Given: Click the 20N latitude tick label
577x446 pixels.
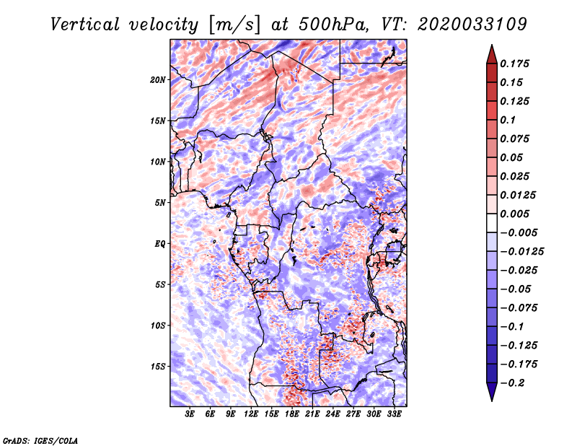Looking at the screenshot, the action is click(157, 80).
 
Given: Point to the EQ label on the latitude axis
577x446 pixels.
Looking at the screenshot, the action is click(159, 244).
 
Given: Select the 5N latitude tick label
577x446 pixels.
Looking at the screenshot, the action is click(159, 203).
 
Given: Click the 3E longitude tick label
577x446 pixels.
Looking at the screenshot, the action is click(190, 414).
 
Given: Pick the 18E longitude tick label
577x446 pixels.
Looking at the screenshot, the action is click(292, 414).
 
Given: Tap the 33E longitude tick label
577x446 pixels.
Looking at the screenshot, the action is click(394, 414).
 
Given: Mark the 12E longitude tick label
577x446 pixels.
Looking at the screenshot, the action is click(251, 414).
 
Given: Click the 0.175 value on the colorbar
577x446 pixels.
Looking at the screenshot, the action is click(514, 64).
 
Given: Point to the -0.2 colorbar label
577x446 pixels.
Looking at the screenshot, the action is click(513, 382).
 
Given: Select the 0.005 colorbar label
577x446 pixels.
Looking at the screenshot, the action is click(514, 214).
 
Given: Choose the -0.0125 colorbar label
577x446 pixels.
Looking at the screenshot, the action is click(521, 251).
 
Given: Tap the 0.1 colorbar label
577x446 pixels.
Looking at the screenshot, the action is click(508, 120).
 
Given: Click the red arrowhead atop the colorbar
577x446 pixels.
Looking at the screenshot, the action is click(492, 55).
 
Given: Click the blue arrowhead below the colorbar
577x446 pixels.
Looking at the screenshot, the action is click(492, 392).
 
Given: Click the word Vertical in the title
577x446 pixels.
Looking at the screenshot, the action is click(85, 25).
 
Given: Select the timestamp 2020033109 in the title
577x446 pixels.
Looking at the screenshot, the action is click(472, 25).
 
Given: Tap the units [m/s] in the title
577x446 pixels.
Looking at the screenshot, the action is click(235, 25).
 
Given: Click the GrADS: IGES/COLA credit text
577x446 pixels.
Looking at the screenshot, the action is click(40, 440).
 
